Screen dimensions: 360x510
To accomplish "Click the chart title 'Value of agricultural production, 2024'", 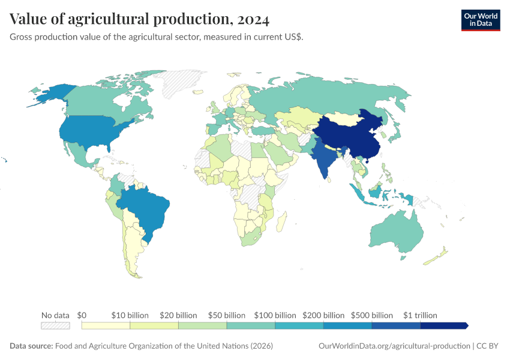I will coord(139,19).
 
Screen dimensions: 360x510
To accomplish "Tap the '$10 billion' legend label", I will coord(130,315).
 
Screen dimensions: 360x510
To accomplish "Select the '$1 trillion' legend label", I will coord(420,315).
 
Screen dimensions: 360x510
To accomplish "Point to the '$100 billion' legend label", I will coord(275,315).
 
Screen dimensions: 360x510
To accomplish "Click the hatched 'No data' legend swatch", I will coord(55,326).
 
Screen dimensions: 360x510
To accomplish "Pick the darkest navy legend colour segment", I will coord(443,326).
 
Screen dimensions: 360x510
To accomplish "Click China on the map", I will coord(348,138).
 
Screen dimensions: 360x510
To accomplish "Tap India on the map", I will coord(324,159).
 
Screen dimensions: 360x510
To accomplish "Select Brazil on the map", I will coord(147,207).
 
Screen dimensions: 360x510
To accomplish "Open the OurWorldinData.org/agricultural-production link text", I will coord(393,346).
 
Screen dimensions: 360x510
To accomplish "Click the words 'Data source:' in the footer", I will coord(31,346).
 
